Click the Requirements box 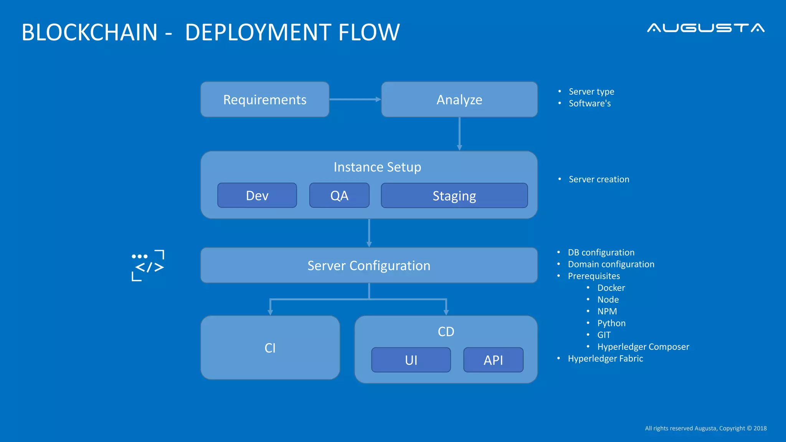point(265,99)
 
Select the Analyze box point(459,99)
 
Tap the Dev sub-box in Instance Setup point(257,195)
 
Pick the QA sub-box point(339,195)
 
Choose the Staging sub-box point(454,196)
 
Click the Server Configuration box point(368,266)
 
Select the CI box point(270,348)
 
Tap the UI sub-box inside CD point(411,360)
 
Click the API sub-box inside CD point(493,360)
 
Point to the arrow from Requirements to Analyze point(355,99)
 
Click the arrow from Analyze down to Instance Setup point(459,134)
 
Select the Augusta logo point(705,28)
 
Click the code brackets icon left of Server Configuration point(148,266)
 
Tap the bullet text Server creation point(599,179)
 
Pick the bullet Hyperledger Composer point(643,347)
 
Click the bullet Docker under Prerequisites point(611,288)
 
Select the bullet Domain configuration point(611,264)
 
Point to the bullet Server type point(591,92)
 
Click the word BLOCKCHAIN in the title point(89,32)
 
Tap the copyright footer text point(705,428)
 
